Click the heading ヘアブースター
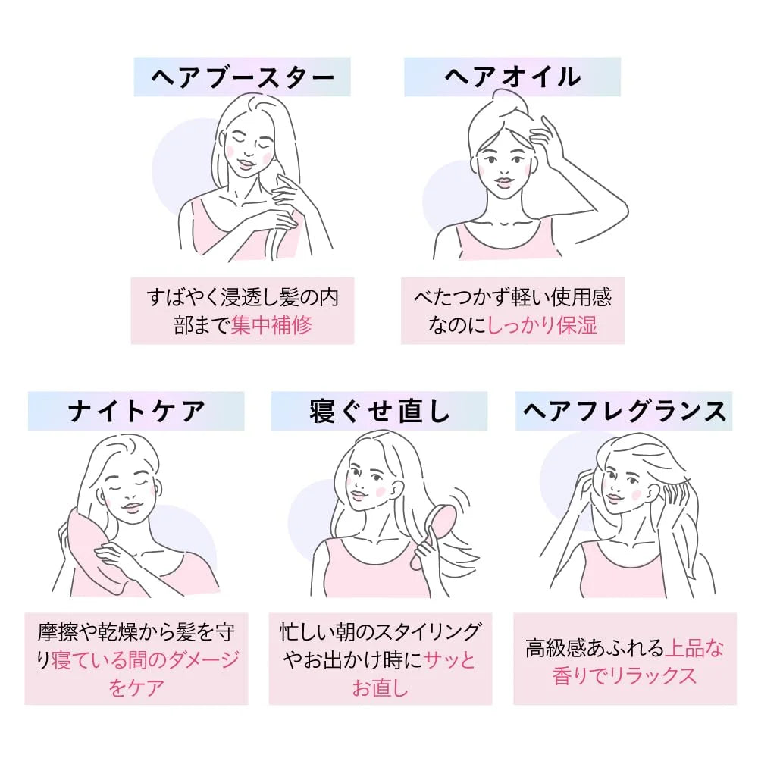click(242, 77)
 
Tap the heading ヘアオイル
click(512, 77)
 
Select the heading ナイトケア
click(136, 411)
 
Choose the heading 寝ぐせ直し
click(380, 411)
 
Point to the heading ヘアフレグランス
click(625, 411)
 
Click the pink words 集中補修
click(271, 324)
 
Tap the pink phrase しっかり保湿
click(543, 324)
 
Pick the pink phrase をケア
click(136, 688)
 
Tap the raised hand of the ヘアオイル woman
click(552, 140)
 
